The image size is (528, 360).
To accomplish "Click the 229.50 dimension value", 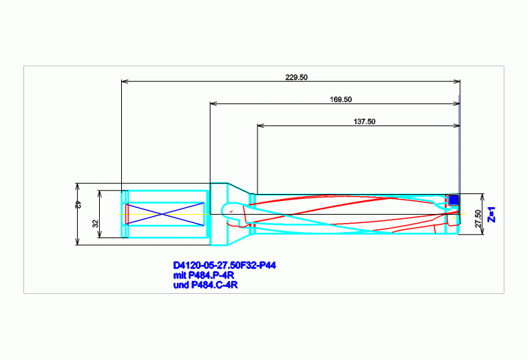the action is pos(296,78).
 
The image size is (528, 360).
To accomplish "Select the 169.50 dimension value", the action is pos(341,100).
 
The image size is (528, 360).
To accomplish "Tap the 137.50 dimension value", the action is pos(364,122).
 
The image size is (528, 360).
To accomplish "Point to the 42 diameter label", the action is pos(78,204).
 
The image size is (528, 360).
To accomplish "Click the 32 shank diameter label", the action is pos(96,223).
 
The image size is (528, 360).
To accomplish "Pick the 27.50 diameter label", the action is pos(478,219).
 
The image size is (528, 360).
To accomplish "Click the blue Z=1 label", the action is pos(492,215).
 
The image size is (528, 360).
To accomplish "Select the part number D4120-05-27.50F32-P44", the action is pos(224,266).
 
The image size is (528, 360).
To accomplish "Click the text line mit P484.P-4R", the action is pos(203,275).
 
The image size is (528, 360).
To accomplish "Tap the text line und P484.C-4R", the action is pos(205,285).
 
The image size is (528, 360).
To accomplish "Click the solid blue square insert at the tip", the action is pos(454,200).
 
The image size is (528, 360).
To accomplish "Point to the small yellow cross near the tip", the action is pos(454,218).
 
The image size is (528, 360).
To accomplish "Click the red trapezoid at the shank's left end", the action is pos(127,214).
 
